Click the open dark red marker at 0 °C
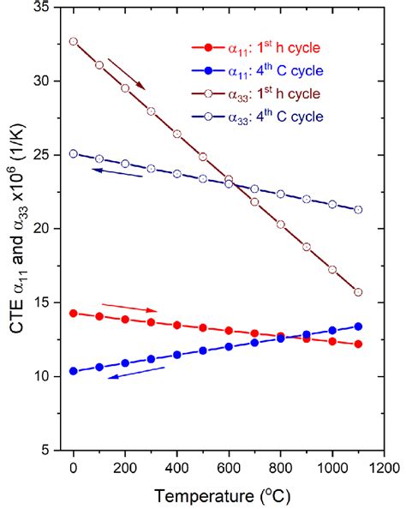pos(74,41)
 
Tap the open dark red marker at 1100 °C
pos(358,292)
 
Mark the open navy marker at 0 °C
pos(74,153)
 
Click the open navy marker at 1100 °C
pos(358,209)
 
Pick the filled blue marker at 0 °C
pos(74,371)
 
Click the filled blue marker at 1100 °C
pos(358,326)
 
